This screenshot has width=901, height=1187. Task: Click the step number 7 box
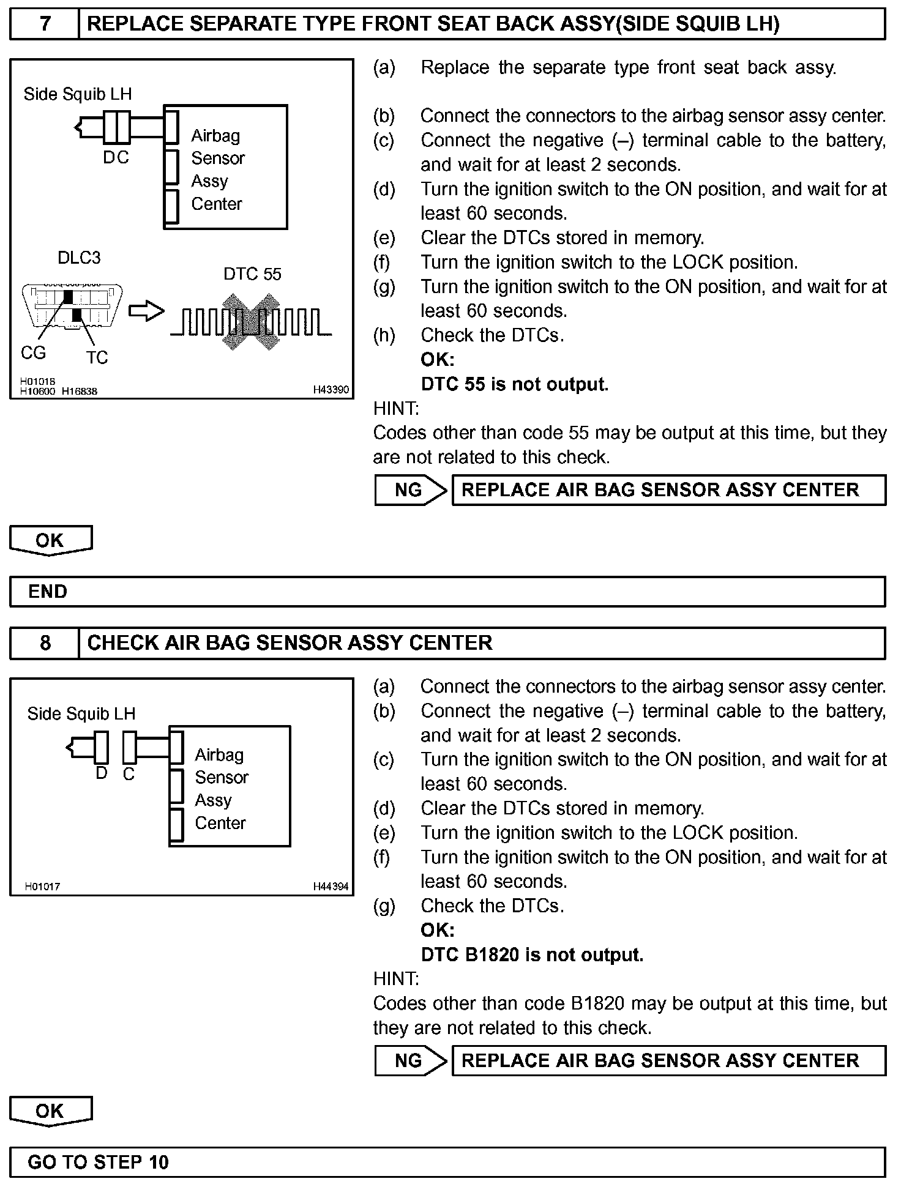[x=45, y=24]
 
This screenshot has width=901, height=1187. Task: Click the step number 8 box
[x=45, y=643]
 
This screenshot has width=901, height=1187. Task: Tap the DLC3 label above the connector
[x=79, y=258]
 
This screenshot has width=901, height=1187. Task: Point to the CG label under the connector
[x=33, y=353]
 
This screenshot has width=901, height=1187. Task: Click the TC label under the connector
[x=97, y=357]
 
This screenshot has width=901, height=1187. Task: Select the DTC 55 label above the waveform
[x=252, y=274]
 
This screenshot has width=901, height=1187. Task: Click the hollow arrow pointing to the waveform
[x=146, y=311]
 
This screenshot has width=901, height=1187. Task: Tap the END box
[x=447, y=592]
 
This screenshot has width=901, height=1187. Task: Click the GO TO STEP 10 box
[x=447, y=1162]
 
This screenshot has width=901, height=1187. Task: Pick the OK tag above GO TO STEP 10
[x=50, y=1111]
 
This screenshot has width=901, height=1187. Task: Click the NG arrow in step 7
[x=410, y=490]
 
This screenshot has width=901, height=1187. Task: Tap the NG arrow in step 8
[x=410, y=1060]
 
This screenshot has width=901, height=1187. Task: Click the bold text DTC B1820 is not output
[x=532, y=954]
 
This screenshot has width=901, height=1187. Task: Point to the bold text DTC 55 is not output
[x=515, y=384]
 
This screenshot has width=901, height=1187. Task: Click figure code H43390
[x=331, y=390]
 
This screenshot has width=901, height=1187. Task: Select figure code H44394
[x=331, y=886]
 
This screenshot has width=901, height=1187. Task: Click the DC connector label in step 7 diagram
[x=116, y=158]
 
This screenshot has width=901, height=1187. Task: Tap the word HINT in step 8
[x=396, y=979]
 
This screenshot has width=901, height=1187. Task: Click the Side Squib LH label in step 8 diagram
[x=81, y=713]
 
